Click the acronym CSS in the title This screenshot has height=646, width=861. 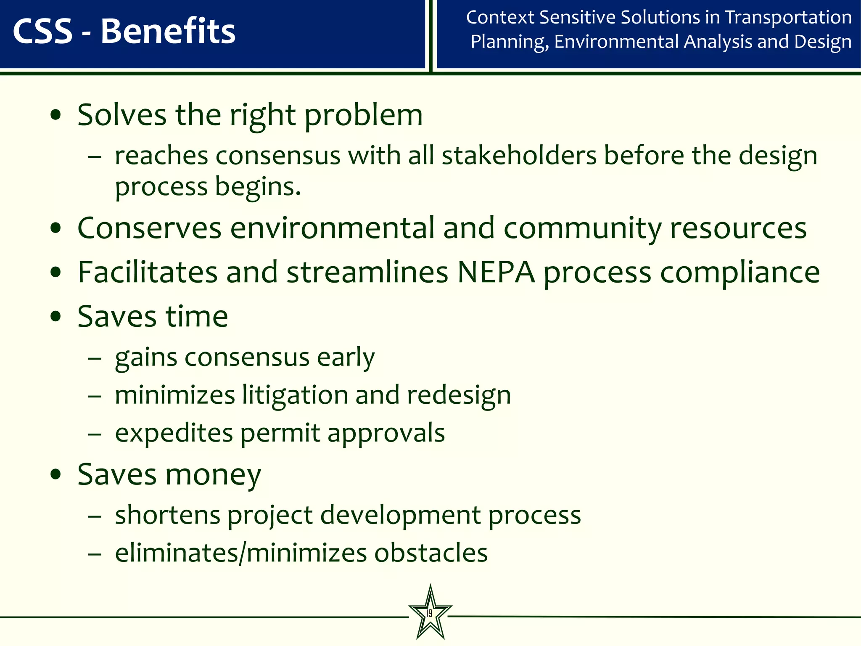point(43,32)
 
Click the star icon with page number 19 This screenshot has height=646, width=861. point(430,612)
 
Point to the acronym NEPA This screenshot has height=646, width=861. point(496,273)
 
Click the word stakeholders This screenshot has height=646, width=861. point(519,155)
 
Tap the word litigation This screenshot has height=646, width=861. point(295,395)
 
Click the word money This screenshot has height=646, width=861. point(213,475)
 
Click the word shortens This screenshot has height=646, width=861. point(168,515)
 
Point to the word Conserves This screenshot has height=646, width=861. point(149,228)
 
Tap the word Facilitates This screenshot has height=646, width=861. point(148,273)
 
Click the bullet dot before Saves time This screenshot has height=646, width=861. point(55,316)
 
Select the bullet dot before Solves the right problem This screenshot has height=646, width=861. point(55,115)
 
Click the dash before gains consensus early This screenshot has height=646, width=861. point(95,358)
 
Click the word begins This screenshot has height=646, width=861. point(258,186)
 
